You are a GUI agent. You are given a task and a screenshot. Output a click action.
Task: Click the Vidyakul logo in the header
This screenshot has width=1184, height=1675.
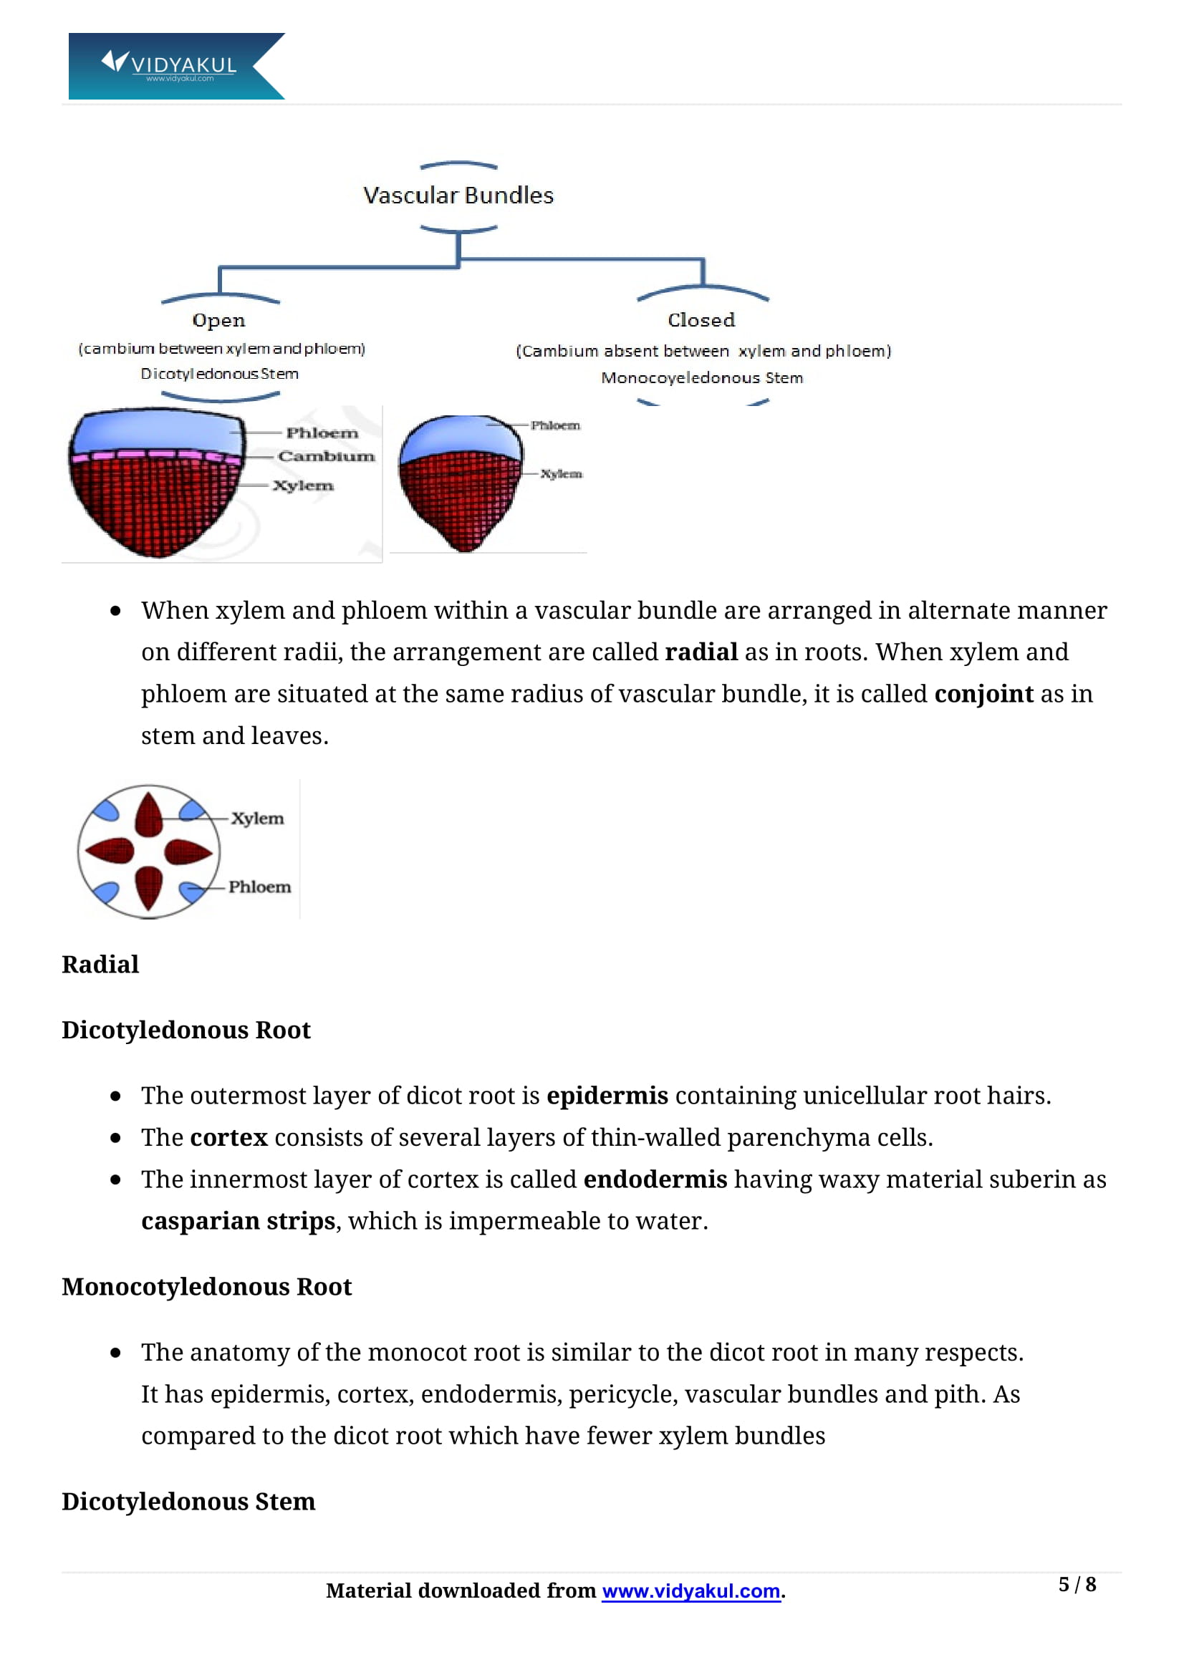[x=175, y=66]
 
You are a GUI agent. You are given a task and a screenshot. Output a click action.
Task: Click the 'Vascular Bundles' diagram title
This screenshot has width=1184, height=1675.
[x=458, y=196]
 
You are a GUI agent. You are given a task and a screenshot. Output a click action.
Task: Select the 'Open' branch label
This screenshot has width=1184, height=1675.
[x=219, y=320]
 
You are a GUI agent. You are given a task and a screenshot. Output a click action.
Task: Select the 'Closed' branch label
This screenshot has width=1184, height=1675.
[x=701, y=319]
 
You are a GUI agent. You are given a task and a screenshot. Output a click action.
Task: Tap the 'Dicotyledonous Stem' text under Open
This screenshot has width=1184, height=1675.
[x=220, y=374]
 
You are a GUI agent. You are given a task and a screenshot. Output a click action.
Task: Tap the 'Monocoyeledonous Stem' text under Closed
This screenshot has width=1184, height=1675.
[x=702, y=378]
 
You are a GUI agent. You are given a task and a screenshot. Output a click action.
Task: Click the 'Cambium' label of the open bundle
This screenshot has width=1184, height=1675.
[x=326, y=456]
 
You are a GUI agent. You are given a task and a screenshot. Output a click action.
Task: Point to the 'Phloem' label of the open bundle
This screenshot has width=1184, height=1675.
[x=322, y=433]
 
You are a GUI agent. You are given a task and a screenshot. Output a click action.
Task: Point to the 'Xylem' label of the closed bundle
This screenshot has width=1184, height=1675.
[x=561, y=473]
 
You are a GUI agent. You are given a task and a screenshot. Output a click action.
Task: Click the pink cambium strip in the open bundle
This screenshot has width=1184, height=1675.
[x=155, y=455]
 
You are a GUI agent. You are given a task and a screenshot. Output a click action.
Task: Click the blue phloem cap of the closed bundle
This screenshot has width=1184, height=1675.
[x=461, y=437]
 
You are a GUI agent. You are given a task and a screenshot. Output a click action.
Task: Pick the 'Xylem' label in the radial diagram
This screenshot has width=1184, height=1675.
[x=258, y=819]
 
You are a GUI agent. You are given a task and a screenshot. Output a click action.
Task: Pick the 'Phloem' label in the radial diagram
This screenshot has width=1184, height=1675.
[x=260, y=887]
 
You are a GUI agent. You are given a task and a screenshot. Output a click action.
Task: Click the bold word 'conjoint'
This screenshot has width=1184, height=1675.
[x=984, y=694]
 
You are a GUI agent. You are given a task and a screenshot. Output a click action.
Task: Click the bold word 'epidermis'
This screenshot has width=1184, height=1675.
[x=607, y=1096]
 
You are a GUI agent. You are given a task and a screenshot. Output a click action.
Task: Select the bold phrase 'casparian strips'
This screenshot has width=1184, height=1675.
[x=239, y=1221]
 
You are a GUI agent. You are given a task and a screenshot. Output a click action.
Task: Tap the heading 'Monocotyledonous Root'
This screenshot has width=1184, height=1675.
[x=206, y=1287]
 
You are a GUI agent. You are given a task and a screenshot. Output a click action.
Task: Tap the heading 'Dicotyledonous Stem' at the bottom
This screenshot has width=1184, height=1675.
[x=188, y=1502]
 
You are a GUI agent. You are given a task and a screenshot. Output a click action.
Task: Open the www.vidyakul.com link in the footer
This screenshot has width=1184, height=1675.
[x=691, y=1591]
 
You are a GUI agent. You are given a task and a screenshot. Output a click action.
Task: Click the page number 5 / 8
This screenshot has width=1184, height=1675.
[x=1077, y=1585]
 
